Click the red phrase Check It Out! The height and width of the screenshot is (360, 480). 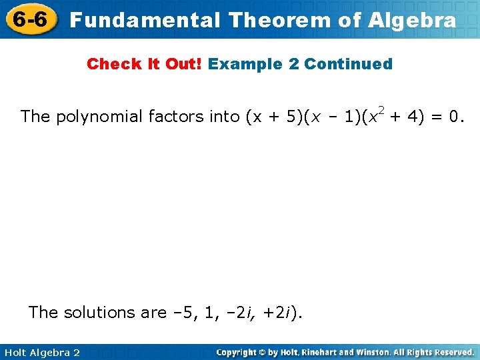145,64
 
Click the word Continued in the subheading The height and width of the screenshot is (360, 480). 348,64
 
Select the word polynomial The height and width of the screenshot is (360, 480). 99,117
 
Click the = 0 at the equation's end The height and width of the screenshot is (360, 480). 447,117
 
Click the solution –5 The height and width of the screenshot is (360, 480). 198,312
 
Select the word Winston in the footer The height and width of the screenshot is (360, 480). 373,352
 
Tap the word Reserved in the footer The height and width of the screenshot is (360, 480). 451,352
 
